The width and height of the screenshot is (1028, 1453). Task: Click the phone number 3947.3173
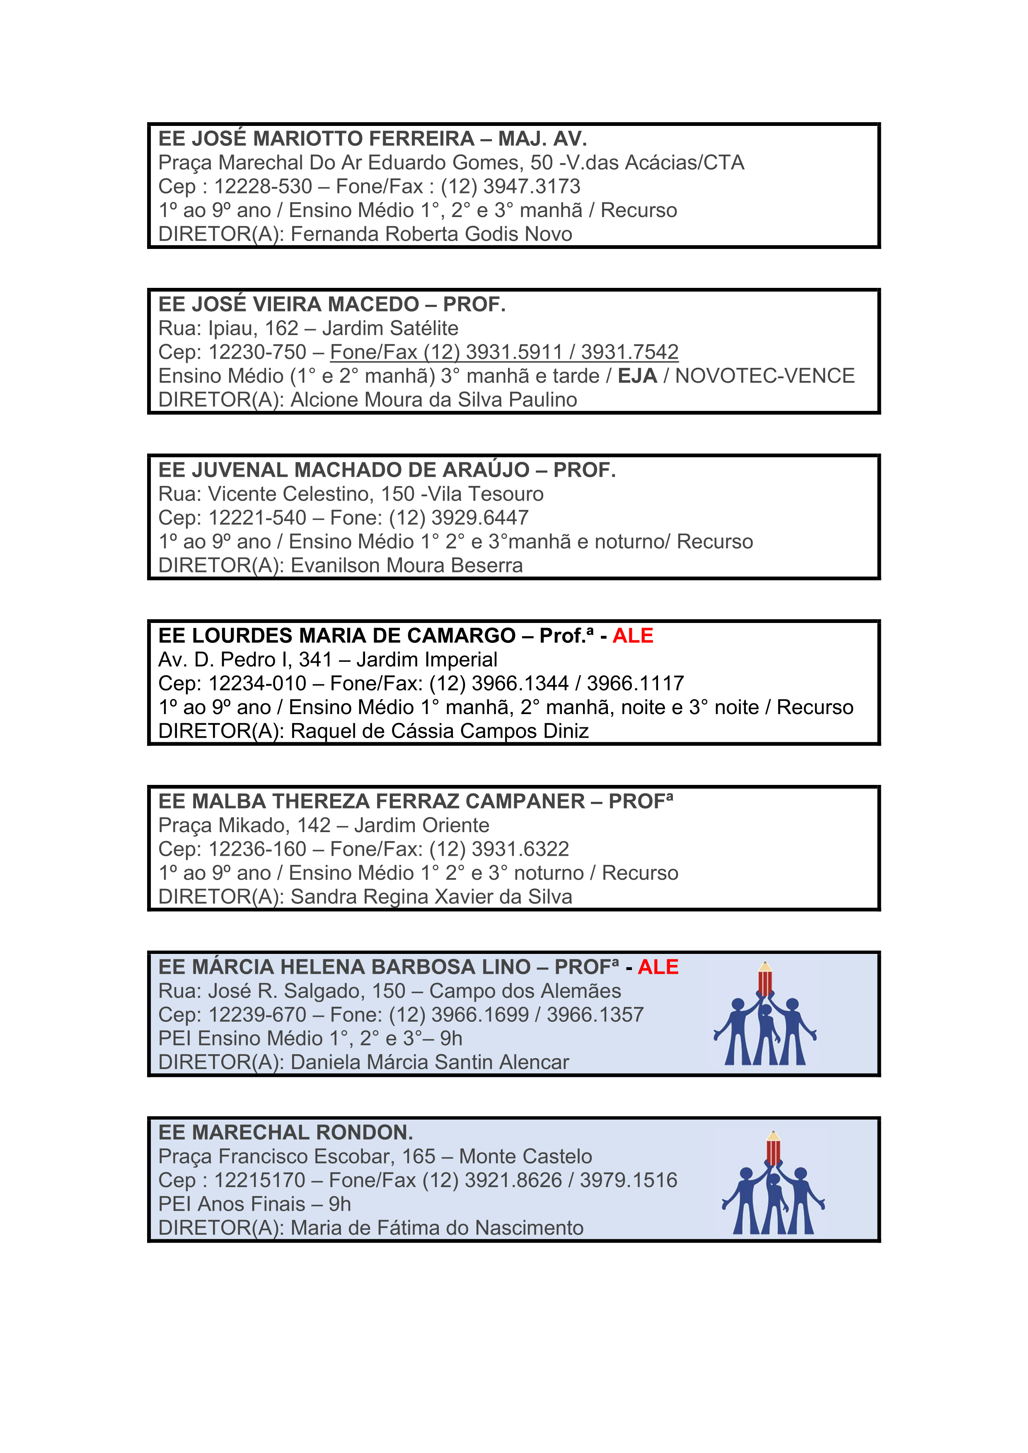531,187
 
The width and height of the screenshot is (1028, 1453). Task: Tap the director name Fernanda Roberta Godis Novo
431,234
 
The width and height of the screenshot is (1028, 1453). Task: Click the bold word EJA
637,376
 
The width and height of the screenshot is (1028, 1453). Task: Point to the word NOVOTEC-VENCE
764,376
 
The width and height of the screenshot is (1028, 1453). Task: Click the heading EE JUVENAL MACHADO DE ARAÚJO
344,470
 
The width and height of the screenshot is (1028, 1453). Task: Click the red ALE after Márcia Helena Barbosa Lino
658,967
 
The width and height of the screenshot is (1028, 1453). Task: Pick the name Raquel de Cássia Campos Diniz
439,731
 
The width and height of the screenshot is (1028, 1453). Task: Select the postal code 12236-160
258,849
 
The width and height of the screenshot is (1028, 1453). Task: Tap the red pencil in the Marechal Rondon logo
773,1149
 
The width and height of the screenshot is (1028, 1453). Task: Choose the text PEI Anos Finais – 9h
254,1204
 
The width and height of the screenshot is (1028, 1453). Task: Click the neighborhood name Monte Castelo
525,1157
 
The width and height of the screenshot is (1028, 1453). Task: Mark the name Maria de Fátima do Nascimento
437,1229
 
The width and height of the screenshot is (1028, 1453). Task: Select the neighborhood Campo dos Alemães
525,991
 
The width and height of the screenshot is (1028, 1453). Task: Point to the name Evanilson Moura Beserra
406,566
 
